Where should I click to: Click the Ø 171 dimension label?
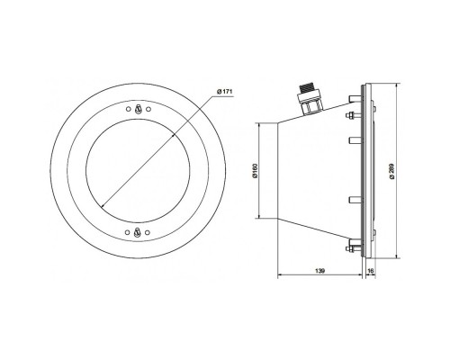pos(225,92)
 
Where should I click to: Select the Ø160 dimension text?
pos(256,171)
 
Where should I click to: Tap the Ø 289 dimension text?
pos(392,171)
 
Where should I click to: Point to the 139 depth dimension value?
pos(320,271)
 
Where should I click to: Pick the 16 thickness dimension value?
pos(371,271)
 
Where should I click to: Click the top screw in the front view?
pos(138,109)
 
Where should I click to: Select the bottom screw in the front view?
pos(138,232)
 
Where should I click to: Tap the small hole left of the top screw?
pos(128,109)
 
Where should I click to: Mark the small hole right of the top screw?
pos(148,109)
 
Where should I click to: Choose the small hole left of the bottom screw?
pos(128,232)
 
